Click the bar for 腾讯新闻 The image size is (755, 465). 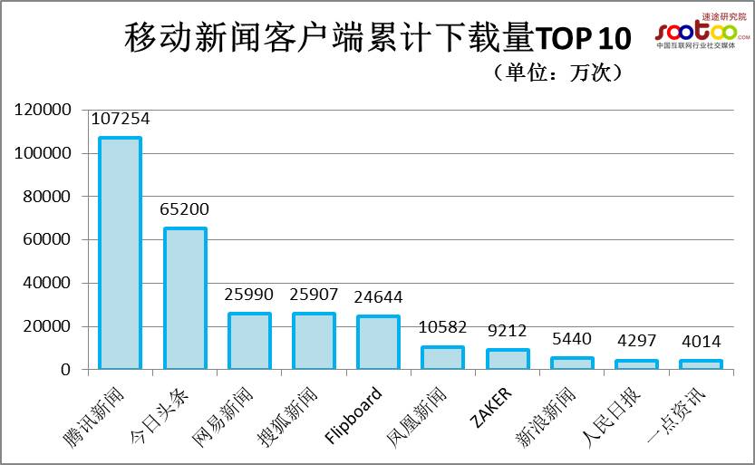(120, 254)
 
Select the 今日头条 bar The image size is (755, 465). (185, 299)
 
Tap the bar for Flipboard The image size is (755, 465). (378, 343)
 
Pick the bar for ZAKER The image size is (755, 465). (508, 360)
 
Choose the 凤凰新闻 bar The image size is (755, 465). (442, 358)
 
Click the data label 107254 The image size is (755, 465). (120, 119)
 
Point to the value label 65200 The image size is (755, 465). (184, 209)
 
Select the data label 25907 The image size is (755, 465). (313, 295)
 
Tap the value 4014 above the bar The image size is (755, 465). (701, 342)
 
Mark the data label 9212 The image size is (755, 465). (507, 331)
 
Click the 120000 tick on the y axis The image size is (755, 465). (42, 110)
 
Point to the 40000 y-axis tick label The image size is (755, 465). (45, 283)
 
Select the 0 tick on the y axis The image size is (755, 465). (64, 370)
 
